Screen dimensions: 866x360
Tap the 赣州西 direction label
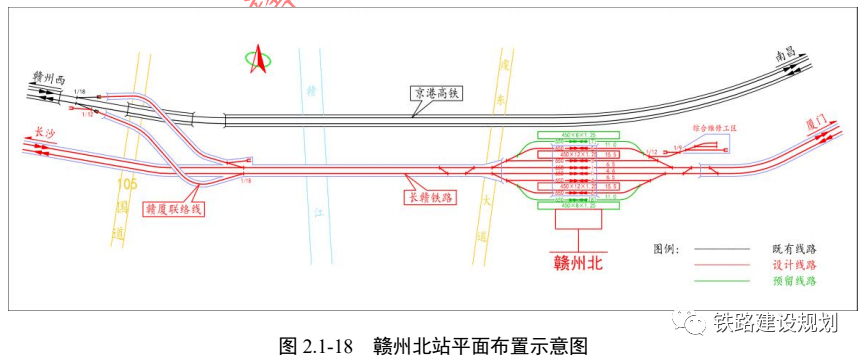[x=48, y=76]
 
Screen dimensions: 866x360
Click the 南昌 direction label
[x=793, y=57]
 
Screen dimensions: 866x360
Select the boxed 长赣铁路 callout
[x=428, y=198]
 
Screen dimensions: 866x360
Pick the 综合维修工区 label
[x=714, y=129]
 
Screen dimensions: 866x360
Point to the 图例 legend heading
[x=665, y=247]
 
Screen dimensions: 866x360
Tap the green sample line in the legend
[x=717, y=281]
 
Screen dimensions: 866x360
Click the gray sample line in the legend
[x=717, y=248]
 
